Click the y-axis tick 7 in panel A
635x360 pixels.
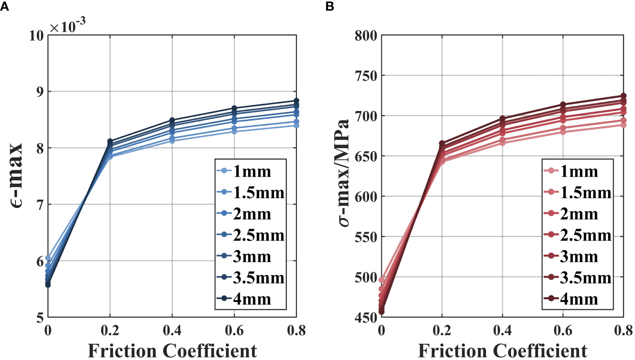tap(40, 204)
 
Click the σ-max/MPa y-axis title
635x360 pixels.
tap(345, 176)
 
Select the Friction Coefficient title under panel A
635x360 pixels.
tap(172, 350)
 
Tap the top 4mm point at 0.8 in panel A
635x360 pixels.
tap(296, 101)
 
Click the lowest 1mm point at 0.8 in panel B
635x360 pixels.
tap(623, 125)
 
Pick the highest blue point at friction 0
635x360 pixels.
tap(48, 258)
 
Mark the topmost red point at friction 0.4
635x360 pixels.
tap(502, 119)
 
